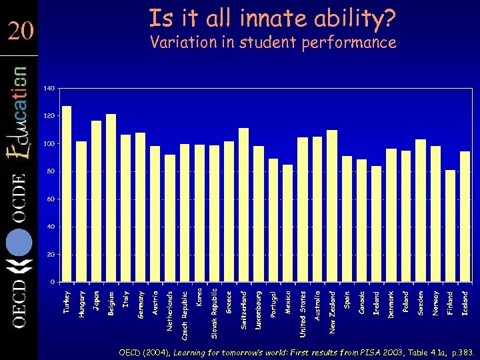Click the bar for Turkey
point(67,193)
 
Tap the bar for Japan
point(96,201)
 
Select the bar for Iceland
point(465,216)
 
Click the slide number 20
point(21,31)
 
